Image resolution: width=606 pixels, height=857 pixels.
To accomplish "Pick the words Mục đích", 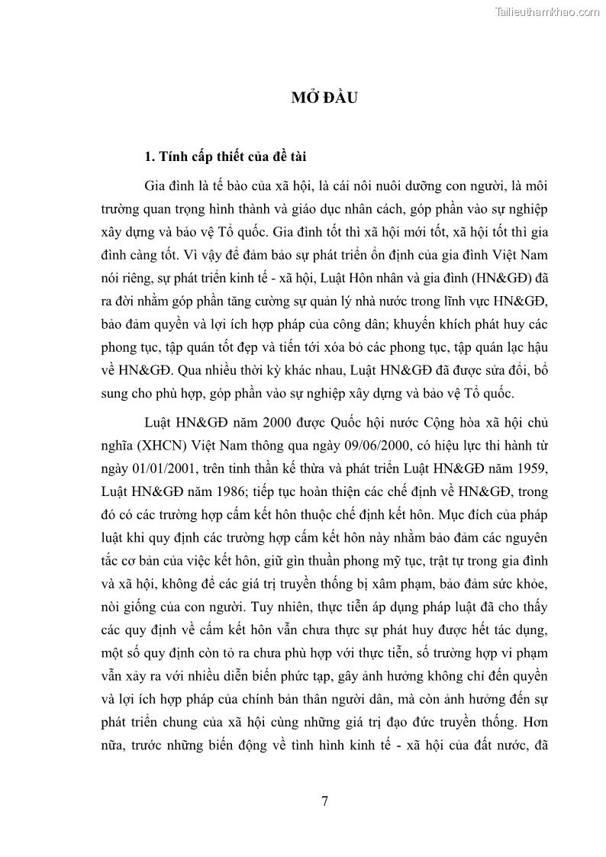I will coord(463,517).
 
